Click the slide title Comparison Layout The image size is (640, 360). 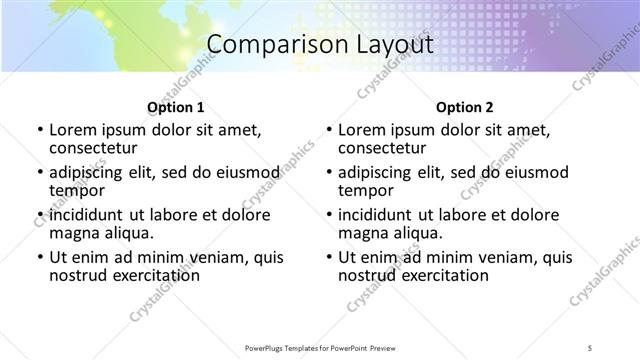pos(319,45)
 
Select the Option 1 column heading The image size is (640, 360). pos(175,108)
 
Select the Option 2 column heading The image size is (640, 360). pos(464,108)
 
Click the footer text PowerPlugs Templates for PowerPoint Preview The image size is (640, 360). pos(320,347)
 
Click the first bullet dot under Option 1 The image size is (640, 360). pos(39,130)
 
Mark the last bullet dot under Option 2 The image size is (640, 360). pos(329,257)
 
